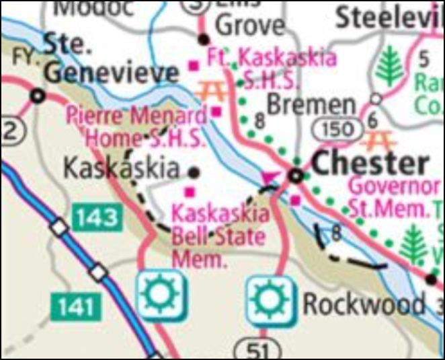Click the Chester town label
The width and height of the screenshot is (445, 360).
pos(371,163)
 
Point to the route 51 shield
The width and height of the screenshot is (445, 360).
pos(254,349)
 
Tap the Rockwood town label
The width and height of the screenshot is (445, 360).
pos(364,304)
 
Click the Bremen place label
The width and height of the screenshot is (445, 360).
pos(311,104)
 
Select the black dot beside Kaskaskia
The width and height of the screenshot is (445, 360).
pos(196,170)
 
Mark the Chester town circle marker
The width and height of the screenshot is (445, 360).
pos(295,176)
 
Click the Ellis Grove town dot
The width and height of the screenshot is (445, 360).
pos(203,38)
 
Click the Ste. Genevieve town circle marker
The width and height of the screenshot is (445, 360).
pos(38,96)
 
